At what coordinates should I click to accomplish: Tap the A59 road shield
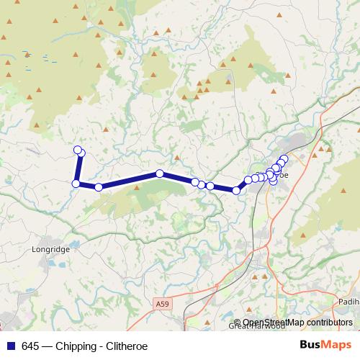click(x=163, y=305)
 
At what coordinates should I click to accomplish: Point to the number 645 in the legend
click(x=30, y=346)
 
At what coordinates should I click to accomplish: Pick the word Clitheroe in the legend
click(x=127, y=346)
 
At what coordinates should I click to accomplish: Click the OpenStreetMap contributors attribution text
click(x=297, y=323)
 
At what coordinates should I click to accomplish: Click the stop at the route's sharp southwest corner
click(x=76, y=184)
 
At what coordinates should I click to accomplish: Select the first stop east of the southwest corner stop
click(x=99, y=187)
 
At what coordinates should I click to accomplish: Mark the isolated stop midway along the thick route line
click(x=160, y=174)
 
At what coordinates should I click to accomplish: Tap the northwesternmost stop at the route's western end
click(x=78, y=150)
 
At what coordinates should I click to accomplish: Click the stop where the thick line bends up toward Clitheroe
click(x=236, y=190)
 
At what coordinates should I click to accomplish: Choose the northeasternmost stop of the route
click(x=284, y=158)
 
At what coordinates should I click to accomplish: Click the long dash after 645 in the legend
click(x=47, y=346)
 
